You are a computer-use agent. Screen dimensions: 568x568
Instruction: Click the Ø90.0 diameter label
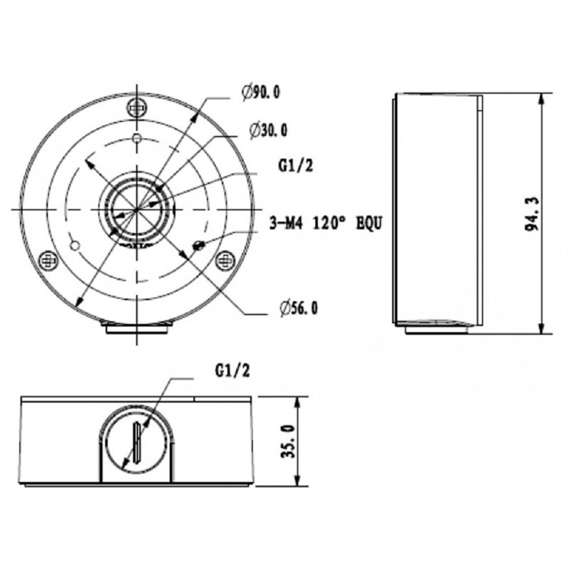coord(261,93)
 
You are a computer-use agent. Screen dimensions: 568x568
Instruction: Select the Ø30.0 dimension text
coord(269,130)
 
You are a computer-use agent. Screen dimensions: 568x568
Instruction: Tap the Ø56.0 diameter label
coord(299,308)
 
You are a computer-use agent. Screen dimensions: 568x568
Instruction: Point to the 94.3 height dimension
coord(532,214)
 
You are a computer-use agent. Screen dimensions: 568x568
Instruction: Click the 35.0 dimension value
coord(289,441)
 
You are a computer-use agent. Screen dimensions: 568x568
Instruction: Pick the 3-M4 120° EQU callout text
coord(325,223)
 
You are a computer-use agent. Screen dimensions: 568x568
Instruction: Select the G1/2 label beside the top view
coord(295,165)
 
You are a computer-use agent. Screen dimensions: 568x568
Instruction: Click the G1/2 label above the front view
coord(232,370)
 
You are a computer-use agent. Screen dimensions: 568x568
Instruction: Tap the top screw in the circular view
coord(137,107)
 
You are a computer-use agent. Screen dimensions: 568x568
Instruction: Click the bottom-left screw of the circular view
coord(48,260)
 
